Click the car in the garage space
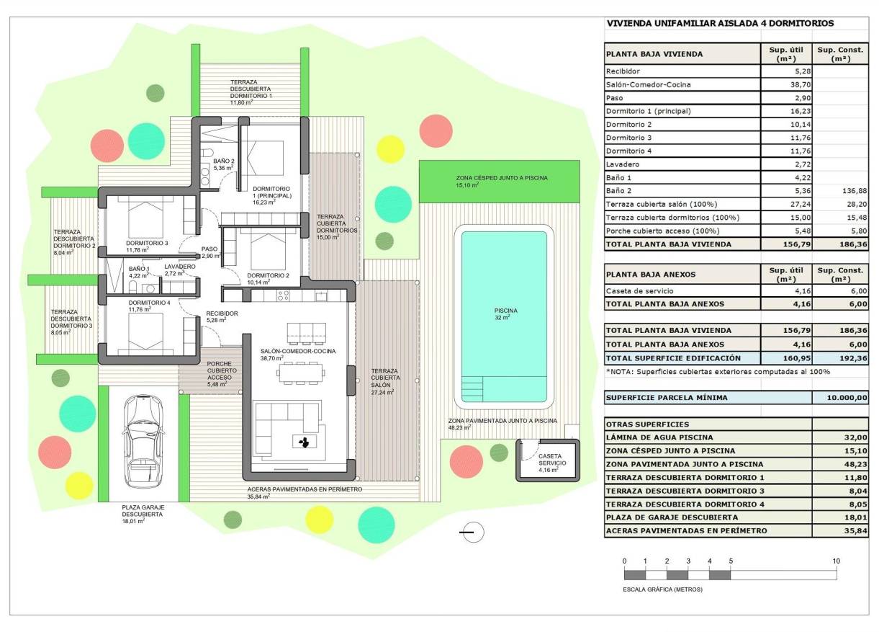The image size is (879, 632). (138, 441)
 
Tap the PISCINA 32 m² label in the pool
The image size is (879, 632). (505, 313)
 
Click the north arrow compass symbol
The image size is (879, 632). (472, 533)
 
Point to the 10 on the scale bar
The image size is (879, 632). (836, 561)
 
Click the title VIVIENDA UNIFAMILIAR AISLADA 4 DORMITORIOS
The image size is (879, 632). (719, 23)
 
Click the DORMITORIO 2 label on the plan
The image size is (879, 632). (268, 279)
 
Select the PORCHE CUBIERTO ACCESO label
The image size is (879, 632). (219, 373)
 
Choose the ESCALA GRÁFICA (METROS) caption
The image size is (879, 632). (663, 589)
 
